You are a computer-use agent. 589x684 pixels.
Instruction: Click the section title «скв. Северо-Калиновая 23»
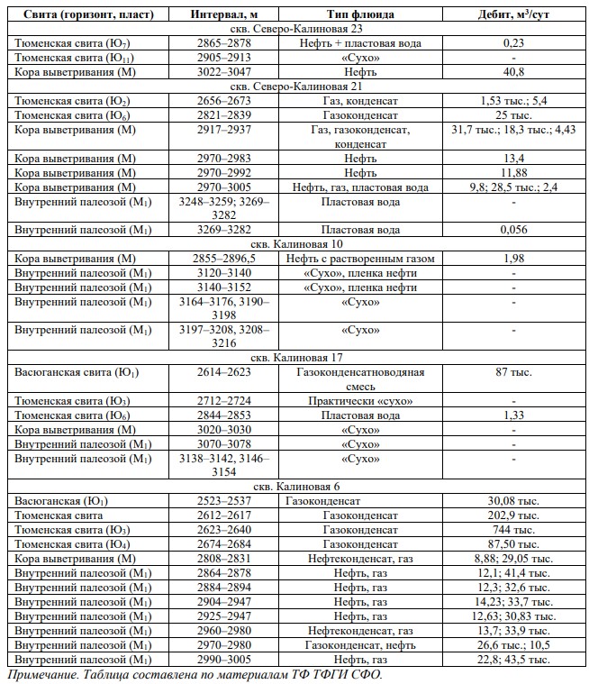[295, 29]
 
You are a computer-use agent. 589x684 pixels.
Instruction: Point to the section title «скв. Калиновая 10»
[295, 244]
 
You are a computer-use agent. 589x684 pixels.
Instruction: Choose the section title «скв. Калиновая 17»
[295, 358]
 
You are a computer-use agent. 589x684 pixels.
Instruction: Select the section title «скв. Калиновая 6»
[295, 487]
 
